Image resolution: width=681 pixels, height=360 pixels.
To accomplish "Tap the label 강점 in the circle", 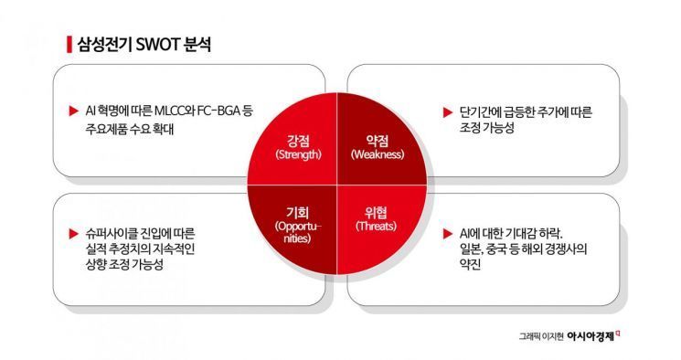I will pos(298,140).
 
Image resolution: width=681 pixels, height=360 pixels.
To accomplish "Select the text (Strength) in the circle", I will pos(298,154).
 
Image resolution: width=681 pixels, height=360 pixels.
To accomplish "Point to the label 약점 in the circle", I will pos(376,140).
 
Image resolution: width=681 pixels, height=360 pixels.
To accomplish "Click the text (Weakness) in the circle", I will pos(376,154).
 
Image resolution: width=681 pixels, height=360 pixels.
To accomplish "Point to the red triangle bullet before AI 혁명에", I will pos(72,111).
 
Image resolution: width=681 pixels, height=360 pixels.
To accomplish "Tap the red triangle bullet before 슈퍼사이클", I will pos(72,232).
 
